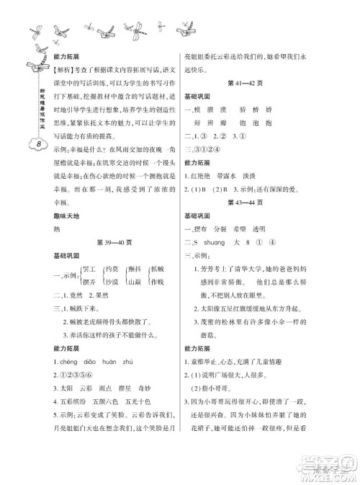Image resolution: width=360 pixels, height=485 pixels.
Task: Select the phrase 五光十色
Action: (x=149, y=442)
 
